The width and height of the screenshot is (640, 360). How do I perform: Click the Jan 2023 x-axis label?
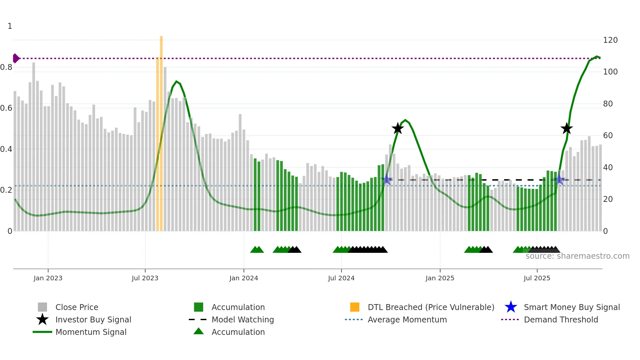[x=48, y=278]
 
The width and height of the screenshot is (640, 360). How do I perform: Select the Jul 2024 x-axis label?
[x=341, y=278]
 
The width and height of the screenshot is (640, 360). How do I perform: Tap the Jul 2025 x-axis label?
[x=537, y=278]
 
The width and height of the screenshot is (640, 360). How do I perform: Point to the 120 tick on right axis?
[x=610, y=40]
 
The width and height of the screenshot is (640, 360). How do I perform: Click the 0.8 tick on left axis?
[x=6, y=67]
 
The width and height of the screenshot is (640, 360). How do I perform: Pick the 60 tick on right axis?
[x=608, y=136]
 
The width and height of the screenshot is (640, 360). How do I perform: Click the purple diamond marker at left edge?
[x=16, y=58]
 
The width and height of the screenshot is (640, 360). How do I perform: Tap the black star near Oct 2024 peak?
[x=397, y=128]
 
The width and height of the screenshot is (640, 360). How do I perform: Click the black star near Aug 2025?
[x=567, y=128]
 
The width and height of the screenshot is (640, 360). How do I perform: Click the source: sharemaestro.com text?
[x=577, y=256]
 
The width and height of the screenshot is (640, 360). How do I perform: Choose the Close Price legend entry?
[x=77, y=307]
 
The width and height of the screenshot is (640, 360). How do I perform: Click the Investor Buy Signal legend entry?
[x=93, y=319]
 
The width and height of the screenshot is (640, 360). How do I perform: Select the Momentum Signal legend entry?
[x=91, y=332]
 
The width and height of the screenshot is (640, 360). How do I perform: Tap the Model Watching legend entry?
[x=243, y=319]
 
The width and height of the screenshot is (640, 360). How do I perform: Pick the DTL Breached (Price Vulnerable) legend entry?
[x=431, y=307]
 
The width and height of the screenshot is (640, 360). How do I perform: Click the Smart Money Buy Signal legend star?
[x=511, y=307]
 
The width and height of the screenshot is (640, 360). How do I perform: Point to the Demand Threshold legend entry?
[x=561, y=319]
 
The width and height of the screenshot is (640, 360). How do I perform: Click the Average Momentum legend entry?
[x=407, y=319]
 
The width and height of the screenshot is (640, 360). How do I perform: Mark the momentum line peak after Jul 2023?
[x=176, y=81]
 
